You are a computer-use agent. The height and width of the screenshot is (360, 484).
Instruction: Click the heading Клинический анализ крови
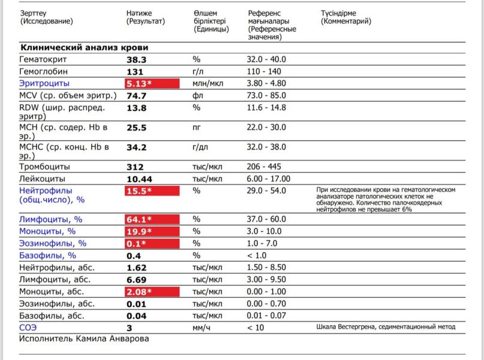coord(84,47)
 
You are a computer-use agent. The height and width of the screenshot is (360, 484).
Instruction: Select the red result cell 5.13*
coord(152,83)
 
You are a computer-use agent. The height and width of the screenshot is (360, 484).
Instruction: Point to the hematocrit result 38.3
coord(137,59)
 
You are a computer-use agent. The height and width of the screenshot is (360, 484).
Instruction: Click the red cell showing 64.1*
coord(152,220)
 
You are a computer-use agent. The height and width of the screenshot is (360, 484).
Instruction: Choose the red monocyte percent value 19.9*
coord(152,232)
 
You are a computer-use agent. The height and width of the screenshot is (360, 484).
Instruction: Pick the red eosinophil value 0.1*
coord(152,244)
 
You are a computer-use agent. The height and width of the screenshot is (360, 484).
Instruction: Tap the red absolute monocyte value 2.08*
coord(152,292)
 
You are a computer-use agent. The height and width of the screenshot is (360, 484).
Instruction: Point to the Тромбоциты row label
coord(44,166)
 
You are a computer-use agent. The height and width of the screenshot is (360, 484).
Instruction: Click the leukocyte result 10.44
coord(140,179)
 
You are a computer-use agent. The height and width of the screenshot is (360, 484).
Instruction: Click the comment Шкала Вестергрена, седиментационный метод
coord(386,327)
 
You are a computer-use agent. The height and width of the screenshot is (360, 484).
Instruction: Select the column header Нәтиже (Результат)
coord(145,17)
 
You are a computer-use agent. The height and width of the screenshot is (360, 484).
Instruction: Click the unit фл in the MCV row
coord(198,95)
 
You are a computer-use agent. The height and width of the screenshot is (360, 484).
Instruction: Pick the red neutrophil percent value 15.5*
coord(152,191)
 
